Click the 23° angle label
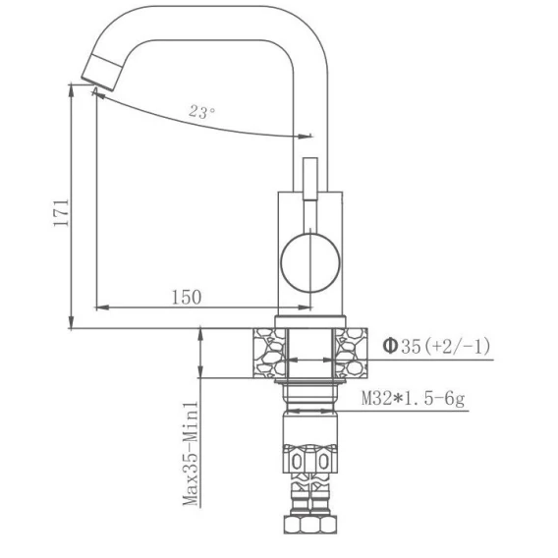click(x=201, y=112)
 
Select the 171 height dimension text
click(x=61, y=213)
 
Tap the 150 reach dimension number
click(x=187, y=297)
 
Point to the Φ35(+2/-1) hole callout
click(x=436, y=346)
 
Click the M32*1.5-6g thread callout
click(x=414, y=399)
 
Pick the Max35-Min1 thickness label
click(x=191, y=454)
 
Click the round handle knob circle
click(x=310, y=262)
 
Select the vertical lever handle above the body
click(x=310, y=179)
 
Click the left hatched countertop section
click(x=269, y=353)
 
